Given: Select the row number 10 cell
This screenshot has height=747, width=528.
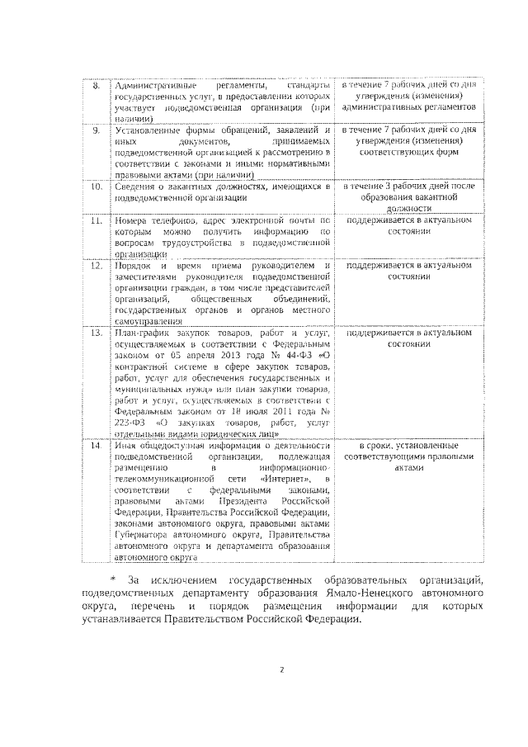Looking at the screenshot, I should click(96, 187).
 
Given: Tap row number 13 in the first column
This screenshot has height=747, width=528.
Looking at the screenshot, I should click(96, 333).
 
